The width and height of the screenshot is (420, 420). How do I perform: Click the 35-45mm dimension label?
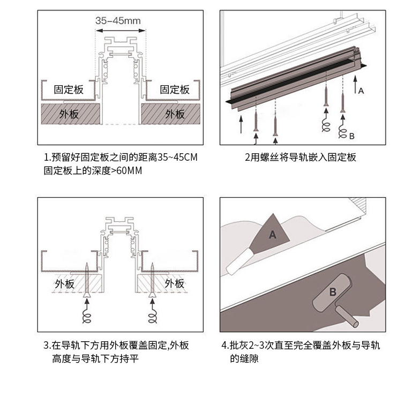click(x=118, y=20)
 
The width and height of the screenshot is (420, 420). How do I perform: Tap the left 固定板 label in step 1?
click(x=69, y=90)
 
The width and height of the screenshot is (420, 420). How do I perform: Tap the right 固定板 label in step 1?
click(x=175, y=90)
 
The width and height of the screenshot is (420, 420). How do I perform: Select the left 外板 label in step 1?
click(x=69, y=114)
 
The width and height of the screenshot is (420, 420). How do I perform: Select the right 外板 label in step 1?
click(x=175, y=114)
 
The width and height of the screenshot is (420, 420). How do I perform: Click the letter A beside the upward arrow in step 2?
click(x=361, y=91)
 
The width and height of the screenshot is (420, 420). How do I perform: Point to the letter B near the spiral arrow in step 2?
click(x=351, y=136)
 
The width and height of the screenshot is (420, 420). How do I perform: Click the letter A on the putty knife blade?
click(x=272, y=235)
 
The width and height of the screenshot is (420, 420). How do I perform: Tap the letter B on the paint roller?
click(x=333, y=292)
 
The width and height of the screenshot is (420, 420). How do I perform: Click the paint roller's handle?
click(x=347, y=317)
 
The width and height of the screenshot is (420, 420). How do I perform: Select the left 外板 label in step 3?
click(x=64, y=284)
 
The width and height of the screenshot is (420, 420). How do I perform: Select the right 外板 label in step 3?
click(x=175, y=283)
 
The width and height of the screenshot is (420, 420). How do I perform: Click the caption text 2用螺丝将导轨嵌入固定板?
click(x=301, y=157)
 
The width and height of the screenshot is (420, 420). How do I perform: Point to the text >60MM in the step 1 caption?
click(x=126, y=170)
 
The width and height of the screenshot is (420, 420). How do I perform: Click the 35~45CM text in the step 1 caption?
click(x=177, y=157)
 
